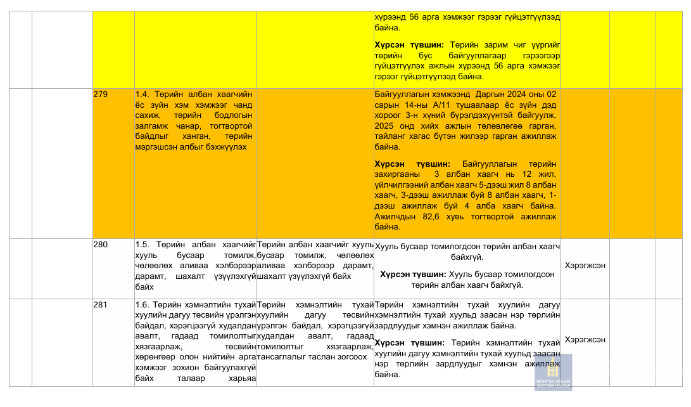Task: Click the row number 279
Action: [100, 94]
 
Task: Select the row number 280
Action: [100, 244]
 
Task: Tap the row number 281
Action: [100, 305]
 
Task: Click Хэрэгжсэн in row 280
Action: [585, 266]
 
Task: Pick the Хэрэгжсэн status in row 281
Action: [585, 339]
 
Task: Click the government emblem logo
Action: [553, 371]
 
